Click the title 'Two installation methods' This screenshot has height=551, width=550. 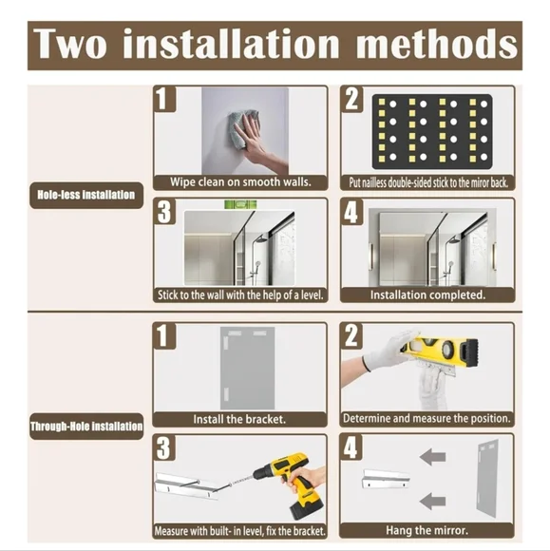[275, 44]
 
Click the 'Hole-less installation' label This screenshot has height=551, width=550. [86, 196]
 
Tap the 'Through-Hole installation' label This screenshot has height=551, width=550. [86, 427]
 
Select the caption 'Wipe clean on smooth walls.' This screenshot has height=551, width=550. [240, 181]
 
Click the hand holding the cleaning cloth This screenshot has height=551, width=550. [249, 136]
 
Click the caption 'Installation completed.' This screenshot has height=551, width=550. [427, 294]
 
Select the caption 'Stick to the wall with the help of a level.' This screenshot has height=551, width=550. [240, 294]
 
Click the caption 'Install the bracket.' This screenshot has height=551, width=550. [240, 418]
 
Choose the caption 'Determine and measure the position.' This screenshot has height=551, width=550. [427, 418]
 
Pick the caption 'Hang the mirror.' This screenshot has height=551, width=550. [427, 529]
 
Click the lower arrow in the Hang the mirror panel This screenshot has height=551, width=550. [432, 501]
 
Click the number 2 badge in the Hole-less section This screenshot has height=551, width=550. [353, 99]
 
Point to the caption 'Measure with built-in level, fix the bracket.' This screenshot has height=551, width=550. [240, 530]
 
